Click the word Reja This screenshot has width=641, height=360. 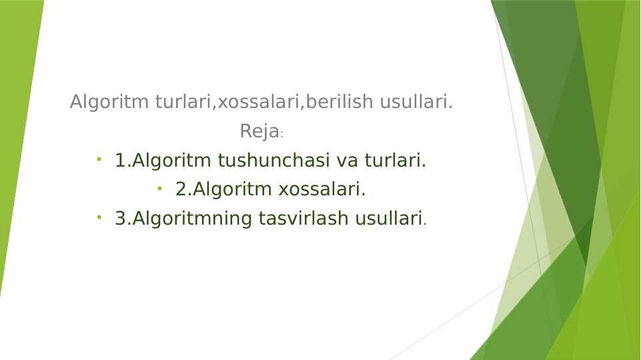(259, 132)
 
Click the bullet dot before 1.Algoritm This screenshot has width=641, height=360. (98, 159)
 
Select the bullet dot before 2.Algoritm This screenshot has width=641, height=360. (159, 189)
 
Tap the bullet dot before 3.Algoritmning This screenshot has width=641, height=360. (98, 217)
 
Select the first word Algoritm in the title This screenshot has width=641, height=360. (110, 103)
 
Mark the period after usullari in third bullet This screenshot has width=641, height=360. (425, 223)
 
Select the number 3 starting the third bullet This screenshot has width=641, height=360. (120, 219)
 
